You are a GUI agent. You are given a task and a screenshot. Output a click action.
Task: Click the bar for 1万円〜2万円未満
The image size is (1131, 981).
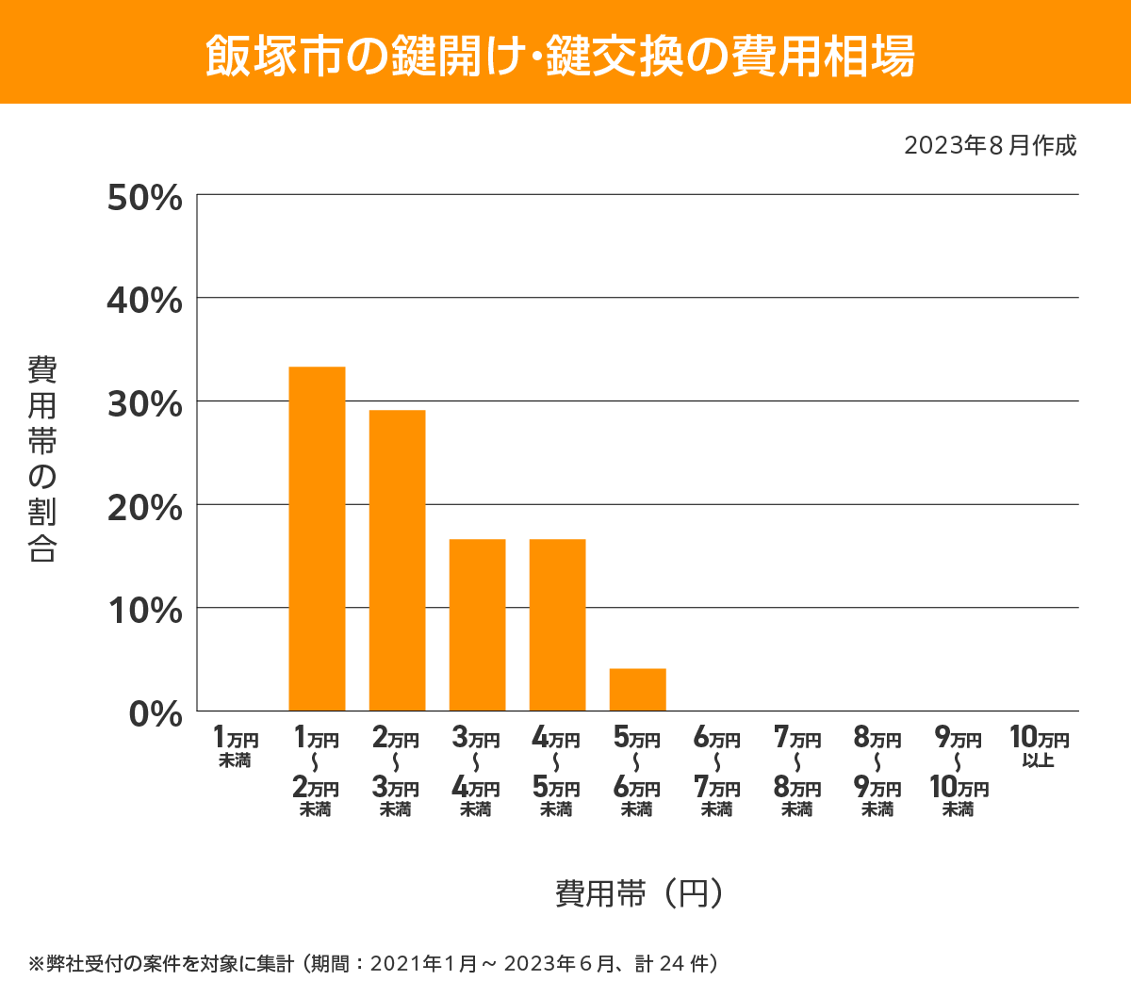(x=317, y=538)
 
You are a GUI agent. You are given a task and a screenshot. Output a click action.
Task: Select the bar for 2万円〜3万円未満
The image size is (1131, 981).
(x=397, y=560)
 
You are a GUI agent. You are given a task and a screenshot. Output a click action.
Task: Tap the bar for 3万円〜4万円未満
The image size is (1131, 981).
(x=477, y=625)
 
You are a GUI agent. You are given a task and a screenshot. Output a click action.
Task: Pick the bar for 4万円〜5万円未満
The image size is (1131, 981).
(x=557, y=625)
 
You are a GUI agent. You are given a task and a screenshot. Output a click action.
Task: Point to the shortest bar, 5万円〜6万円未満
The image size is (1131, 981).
(x=637, y=689)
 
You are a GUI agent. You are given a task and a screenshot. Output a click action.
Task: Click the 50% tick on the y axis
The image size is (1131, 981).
(x=145, y=198)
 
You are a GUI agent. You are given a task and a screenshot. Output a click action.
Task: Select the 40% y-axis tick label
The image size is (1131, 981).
(x=145, y=301)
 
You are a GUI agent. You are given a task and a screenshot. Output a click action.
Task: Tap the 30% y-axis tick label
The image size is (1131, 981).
(x=145, y=404)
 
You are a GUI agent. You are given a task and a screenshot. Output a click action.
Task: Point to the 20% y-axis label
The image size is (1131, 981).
(x=145, y=508)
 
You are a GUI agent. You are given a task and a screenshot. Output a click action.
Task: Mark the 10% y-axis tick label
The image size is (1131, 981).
(x=145, y=611)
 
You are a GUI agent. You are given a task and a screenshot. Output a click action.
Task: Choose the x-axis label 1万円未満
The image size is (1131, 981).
(x=236, y=747)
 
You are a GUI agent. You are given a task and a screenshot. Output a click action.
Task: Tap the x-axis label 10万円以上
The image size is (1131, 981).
(x=1039, y=747)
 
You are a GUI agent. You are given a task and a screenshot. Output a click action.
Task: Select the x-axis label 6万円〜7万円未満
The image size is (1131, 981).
(x=717, y=772)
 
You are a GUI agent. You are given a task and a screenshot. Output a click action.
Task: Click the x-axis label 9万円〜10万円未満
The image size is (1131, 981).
(x=959, y=772)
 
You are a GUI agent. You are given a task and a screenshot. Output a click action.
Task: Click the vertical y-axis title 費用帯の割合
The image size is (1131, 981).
(x=42, y=459)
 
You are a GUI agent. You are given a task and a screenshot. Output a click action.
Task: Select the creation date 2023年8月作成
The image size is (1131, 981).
(x=990, y=146)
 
